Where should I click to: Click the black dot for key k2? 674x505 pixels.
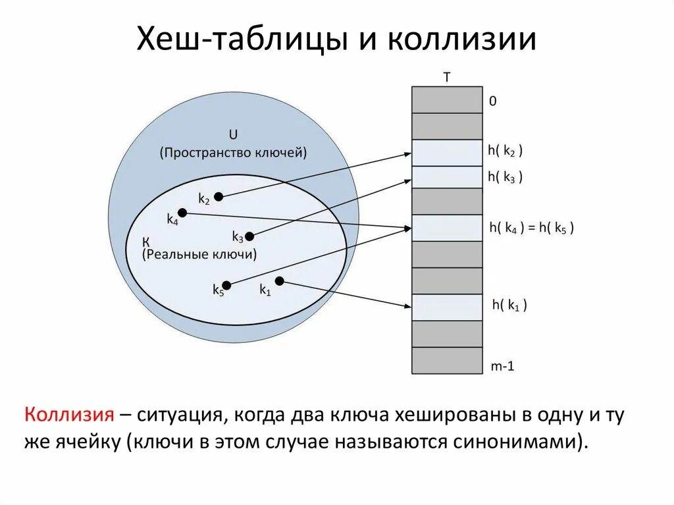tap(219, 196)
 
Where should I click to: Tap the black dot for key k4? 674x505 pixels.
tap(182, 213)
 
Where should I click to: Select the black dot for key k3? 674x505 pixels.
tap(249, 236)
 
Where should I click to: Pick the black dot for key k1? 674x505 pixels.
tap(279, 281)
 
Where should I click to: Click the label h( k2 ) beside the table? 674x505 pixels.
tap(505, 151)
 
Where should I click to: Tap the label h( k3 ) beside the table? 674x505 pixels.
tap(505, 176)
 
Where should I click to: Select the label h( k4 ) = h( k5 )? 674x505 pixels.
tap(532, 228)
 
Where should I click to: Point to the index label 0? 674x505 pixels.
tap(492, 101)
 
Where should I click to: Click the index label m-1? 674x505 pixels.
tap(502, 366)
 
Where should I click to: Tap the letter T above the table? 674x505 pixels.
tap(447, 77)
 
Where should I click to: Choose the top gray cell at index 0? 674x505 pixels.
tap(447, 99)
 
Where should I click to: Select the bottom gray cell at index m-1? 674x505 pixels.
tap(447, 360)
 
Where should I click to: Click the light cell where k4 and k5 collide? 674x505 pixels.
tap(447, 228)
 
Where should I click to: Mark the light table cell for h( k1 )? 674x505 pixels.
tap(447, 307)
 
